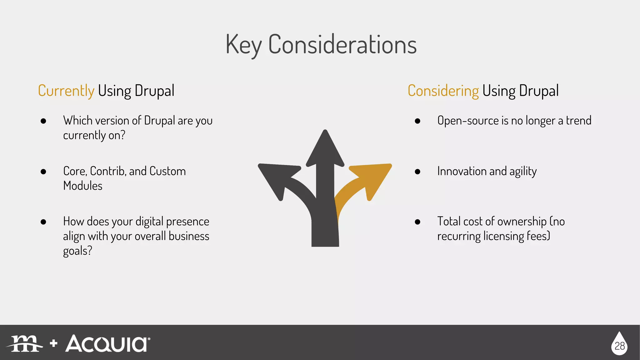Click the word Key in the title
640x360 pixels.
243,45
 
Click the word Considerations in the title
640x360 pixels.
342,45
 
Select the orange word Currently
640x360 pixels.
66,91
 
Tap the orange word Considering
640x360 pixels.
443,91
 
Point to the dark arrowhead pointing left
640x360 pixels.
277,178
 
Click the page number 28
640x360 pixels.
619,346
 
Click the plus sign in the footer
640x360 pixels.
54,343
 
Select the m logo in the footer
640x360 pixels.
25,344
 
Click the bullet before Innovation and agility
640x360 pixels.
417,172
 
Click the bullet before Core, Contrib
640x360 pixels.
43,172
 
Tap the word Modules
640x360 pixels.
82,186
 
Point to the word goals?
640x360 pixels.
77,251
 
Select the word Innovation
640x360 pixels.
462,171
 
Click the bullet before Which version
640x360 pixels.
43,121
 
